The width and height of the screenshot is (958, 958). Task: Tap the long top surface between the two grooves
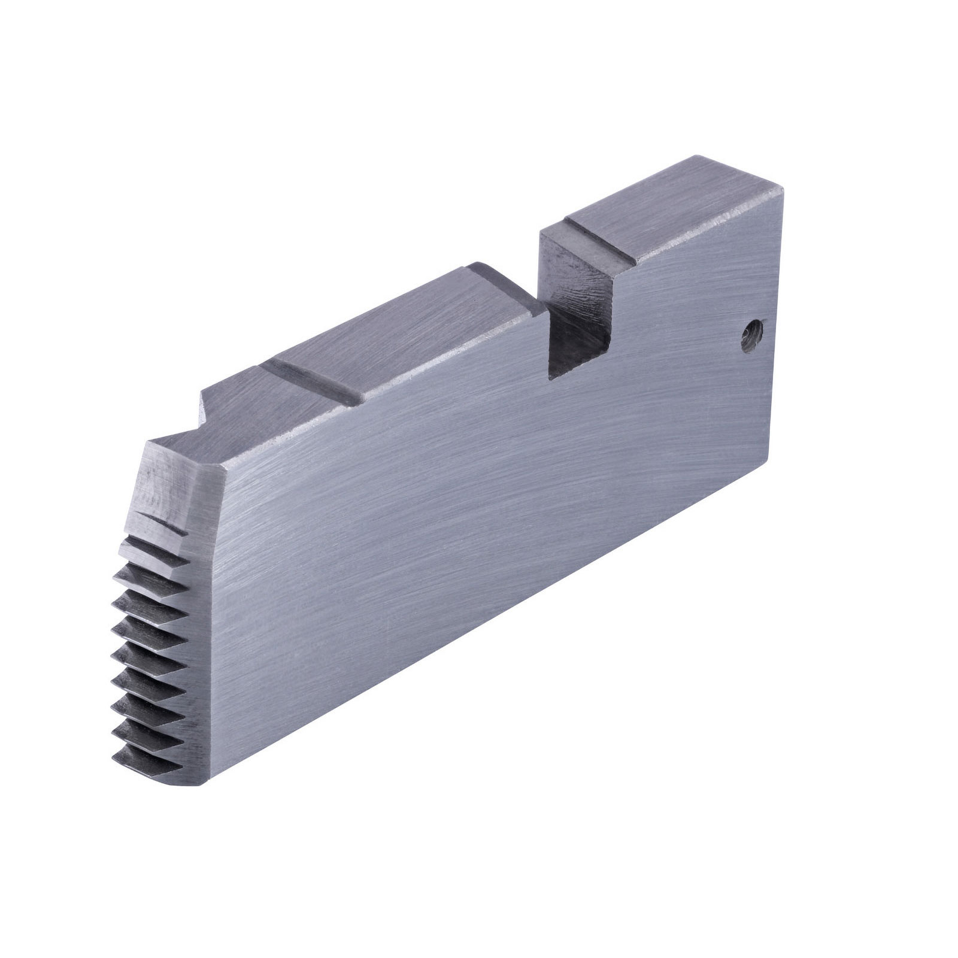coord(407,335)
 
